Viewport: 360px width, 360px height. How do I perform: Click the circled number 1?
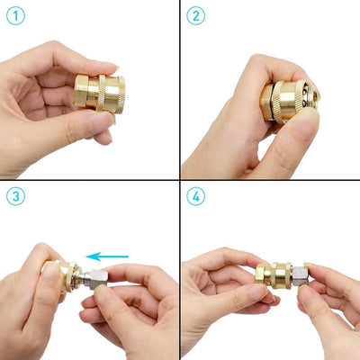(15, 15)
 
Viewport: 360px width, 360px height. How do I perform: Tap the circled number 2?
(196, 15)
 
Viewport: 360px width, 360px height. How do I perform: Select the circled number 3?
(15, 195)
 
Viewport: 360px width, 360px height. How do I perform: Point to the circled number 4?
(196, 195)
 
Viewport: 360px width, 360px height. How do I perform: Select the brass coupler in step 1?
(102, 94)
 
